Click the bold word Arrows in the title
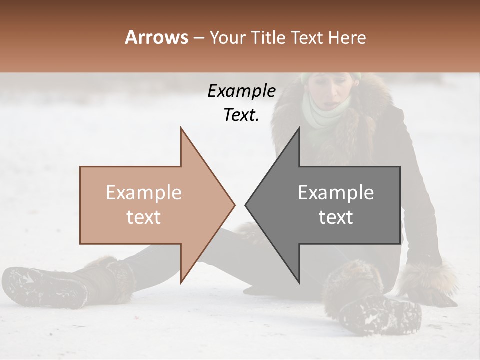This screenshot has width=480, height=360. tap(156, 37)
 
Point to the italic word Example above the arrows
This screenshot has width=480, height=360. tap(241, 91)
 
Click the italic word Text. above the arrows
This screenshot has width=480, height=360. tap(241, 115)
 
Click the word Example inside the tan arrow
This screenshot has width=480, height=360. tap(144, 193)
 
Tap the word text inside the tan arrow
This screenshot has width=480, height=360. tap(144, 217)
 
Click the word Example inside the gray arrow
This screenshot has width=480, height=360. tap(336, 193)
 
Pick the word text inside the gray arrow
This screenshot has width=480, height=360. tap(336, 217)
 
